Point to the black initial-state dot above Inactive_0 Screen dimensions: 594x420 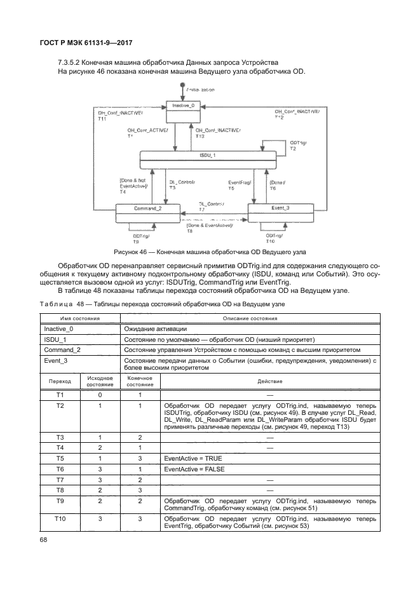point(182,85)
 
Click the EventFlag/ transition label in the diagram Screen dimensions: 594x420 point(240,182)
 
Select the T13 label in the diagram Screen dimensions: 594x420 point(200,137)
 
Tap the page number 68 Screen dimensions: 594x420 point(44,541)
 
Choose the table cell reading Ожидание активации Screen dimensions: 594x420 point(155,328)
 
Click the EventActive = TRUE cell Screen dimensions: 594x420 point(191,457)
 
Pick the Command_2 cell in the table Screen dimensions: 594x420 point(62,349)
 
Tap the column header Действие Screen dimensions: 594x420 point(269,381)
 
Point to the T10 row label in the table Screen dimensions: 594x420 point(60,518)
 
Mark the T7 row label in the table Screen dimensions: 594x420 point(60,480)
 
